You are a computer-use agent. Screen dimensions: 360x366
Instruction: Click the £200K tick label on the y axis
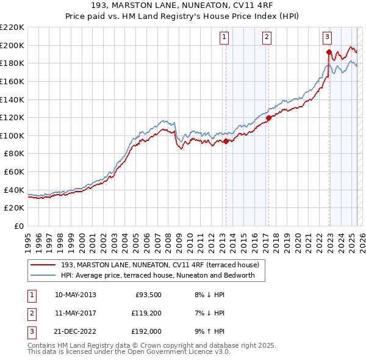coord(12,45)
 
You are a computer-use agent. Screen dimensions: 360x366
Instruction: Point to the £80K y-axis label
coord(14,154)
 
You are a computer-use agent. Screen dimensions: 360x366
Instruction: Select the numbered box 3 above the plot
coord(328,37)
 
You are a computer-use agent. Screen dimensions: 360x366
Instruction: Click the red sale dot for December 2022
coord(329,52)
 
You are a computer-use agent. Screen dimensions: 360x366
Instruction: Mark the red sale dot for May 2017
coord(268,118)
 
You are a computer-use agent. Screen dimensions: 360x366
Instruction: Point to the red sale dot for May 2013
coord(226,141)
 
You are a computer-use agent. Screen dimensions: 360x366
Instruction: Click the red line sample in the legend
coord(43,265)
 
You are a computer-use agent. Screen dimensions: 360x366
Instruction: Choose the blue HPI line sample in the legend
coord(43,275)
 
